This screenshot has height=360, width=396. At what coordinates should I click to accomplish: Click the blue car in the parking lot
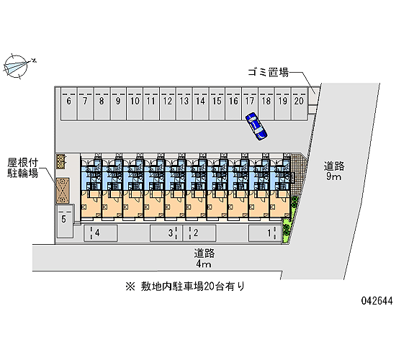[256, 126]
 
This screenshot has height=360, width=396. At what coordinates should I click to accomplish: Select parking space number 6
[68, 104]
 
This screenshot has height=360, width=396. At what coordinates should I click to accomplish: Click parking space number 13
[184, 104]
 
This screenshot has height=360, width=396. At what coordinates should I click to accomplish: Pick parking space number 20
[299, 104]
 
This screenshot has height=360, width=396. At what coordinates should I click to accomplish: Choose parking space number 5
[65, 221]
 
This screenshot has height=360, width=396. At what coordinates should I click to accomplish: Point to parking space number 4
[101, 233]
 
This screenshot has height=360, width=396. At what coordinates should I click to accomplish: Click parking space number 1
[265, 233]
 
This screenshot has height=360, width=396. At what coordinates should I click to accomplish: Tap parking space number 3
[166, 233]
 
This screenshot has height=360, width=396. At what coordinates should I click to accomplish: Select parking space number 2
[199, 233]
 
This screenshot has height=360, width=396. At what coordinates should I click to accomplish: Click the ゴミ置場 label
[268, 73]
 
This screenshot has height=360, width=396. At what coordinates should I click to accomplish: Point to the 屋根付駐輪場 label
[23, 168]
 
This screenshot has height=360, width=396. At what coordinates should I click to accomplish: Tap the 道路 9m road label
[334, 171]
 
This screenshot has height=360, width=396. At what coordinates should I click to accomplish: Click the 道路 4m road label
[204, 258]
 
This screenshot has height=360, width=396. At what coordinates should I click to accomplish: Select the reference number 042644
[377, 301]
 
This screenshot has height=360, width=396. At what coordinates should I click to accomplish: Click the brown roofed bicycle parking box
[63, 191]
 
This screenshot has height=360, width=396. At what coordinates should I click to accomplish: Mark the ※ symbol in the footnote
[130, 287]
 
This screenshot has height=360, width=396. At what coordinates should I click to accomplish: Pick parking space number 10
[135, 104]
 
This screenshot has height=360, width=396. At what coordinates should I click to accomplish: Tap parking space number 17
[250, 104]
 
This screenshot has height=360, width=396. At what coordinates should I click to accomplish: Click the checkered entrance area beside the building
[298, 174]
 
